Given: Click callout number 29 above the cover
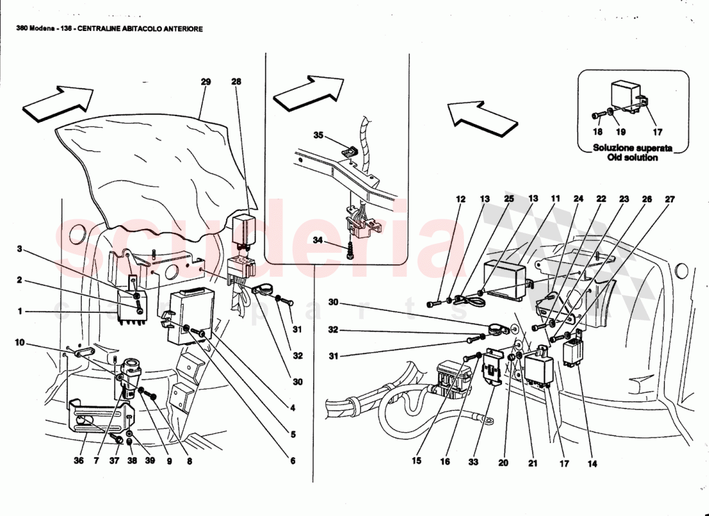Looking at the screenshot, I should pyautogui.click(x=206, y=82).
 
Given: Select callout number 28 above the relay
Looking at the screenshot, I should pyautogui.click(x=236, y=82).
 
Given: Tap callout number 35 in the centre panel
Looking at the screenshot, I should pyautogui.click(x=318, y=135).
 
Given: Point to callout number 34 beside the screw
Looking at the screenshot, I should pyautogui.click(x=318, y=240).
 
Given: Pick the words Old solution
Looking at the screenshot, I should pyautogui.click(x=632, y=157).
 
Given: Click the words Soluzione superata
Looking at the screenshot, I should pyautogui.click(x=632, y=148).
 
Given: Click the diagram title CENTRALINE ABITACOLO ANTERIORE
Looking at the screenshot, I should pyautogui.click(x=140, y=29).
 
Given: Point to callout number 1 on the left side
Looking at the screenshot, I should pyautogui.click(x=20, y=311).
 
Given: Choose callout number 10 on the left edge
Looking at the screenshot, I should pyautogui.click(x=20, y=342).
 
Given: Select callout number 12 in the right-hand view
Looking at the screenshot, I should pyautogui.click(x=460, y=200).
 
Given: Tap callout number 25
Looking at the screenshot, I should pyautogui.click(x=509, y=200).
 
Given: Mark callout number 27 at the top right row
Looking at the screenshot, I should pyautogui.click(x=670, y=200).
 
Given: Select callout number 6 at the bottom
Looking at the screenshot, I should pyautogui.click(x=292, y=461).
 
